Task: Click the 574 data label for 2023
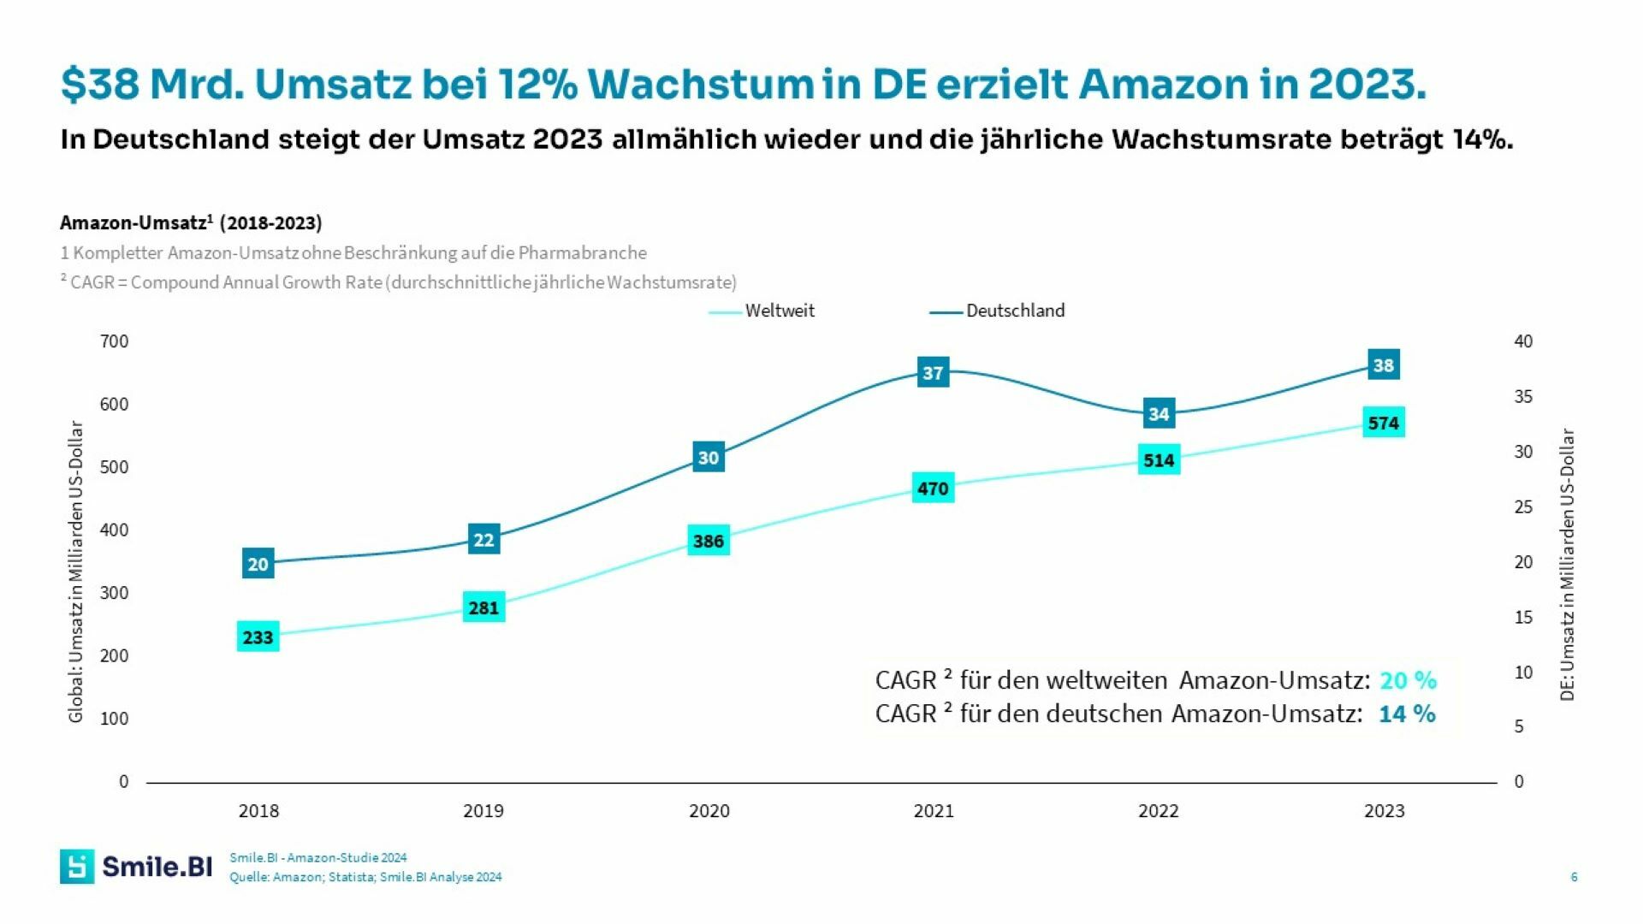pyautogui.click(x=1383, y=423)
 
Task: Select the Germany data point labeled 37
pyautogui.click(x=933, y=372)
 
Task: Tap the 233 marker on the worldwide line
pyautogui.click(x=258, y=637)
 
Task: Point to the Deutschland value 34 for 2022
pyautogui.click(x=1159, y=414)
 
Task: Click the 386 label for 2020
pyautogui.click(x=708, y=541)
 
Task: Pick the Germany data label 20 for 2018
pyautogui.click(x=258, y=564)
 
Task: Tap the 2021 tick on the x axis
pyautogui.click(x=933, y=811)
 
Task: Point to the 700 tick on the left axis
pyautogui.click(x=114, y=341)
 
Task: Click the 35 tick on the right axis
pyautogui.click(x=1523, y=397)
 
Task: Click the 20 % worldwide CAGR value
pyautogui.click(x=1408, y=680)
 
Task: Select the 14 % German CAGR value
pyautogui.click(x=1407, y=714)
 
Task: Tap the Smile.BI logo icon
pyautogui.click(x=77, y=867)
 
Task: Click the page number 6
pyautogui.click(x=1574, y=877)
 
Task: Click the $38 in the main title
pyautogui.click(x=100, y=84)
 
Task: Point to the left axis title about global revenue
pyautogui.click(x=75, y=571)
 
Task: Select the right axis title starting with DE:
pyautogui.click(x=1567, y=565)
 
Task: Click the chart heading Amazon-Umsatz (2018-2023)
pyautogui.click(x=191, y=223)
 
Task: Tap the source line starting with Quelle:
pyautogui.click(x=365, y=877)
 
